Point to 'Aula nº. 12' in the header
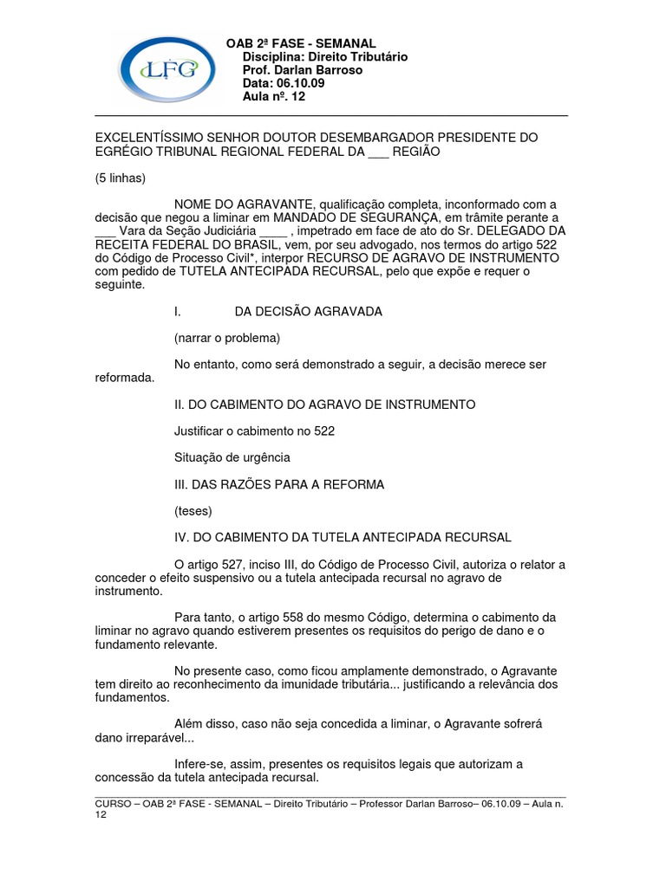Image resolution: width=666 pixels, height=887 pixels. [x=274, y=96]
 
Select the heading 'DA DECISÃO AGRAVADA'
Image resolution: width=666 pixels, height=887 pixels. [x=308, y=311]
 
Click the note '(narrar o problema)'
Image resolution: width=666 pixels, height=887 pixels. [x=227, y=338]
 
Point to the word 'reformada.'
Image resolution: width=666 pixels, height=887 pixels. [x=124, y=378]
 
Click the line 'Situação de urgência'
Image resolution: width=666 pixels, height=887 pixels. [x=232, y=457]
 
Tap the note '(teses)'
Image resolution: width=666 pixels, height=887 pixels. [x=193, y=511]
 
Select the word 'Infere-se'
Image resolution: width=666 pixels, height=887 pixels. [x=202, y=765]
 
